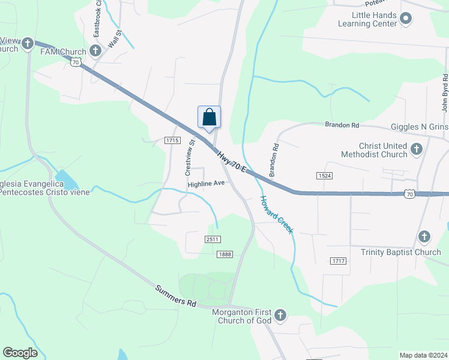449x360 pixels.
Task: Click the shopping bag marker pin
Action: pyautogui.click(x=209, y=116)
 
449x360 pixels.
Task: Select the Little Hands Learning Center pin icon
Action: pyautogui.click(x=406, y=19)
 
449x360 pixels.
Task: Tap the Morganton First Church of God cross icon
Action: pyautogui.click(x=280, y=314)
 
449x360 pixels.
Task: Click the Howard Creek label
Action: pyautogui.click(x=277, y=215)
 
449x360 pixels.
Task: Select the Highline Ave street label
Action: pyautogui.click(x=206, y=184)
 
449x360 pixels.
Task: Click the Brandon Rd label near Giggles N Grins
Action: pyautogui.click(x=342, y=125)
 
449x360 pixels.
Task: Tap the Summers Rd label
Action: pyautogui.click(x=176, y=296)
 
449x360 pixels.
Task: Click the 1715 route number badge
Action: pyautogui.click(x=172, y=140)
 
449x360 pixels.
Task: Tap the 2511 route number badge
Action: pyautogui.click(x=212, y=239)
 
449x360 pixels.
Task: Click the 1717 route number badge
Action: pyautogui.click(x=338, y=260)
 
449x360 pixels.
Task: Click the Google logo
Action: pyautogui.click(x=20, y=353)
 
